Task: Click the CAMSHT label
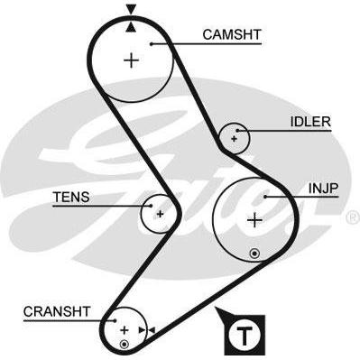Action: pyautogui.click(x=232, y=34)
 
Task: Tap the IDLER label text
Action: pyautogui.click(x=310, y=122)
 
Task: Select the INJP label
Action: pyautogui.click(x=324, y=189)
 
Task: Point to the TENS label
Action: pyautogui.click(x=71, y=197)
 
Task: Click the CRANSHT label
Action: pyautogui.click(x=57, y=311)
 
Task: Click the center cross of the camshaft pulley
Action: pyautogui.click(x=132, y=60)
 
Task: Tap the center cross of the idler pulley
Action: pyautogui.click(x=234, y=139)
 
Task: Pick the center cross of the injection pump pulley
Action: pyautogui.click(x=255, y=220)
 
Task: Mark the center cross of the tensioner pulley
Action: pyautogui.click(x=160, y=214)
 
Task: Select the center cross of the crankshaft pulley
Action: pyautogui.click(x=124, y=330)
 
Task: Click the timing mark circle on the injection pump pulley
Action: pyautogui.click(x=254, y=254)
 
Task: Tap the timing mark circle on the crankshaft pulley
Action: pyautogui.click(x=124, y=345)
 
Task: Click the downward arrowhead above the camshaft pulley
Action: pyautogui.click(x=131, y=9)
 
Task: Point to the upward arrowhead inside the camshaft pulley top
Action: pyautogui.click(x=131, y=27)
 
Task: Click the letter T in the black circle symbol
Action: pyautogui.click(x=245, y=336)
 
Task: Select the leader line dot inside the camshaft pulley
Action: pyautogui.click(x=152, y=44)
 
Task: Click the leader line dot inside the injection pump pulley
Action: pyautogui.click(x=265, y=197)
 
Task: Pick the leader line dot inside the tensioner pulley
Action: pyautogui.click(x=151, y=206)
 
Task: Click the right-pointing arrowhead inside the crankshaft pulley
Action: pyautogui.click(x=142, y=330)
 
